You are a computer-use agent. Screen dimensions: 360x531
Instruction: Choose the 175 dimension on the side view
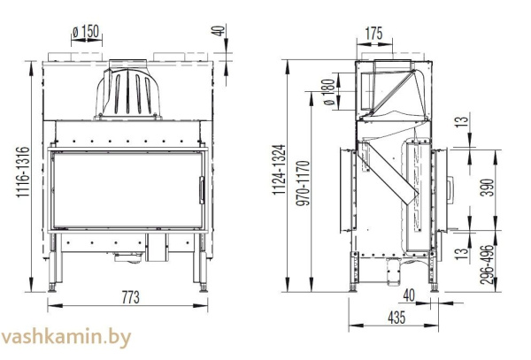(x=373, y=34)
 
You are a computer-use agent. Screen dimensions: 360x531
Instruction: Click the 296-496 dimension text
(x=481, y=264)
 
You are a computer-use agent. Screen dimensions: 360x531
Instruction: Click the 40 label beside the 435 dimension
(x=409, y=295)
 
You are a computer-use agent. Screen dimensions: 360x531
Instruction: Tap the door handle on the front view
(x=201, y=187)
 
